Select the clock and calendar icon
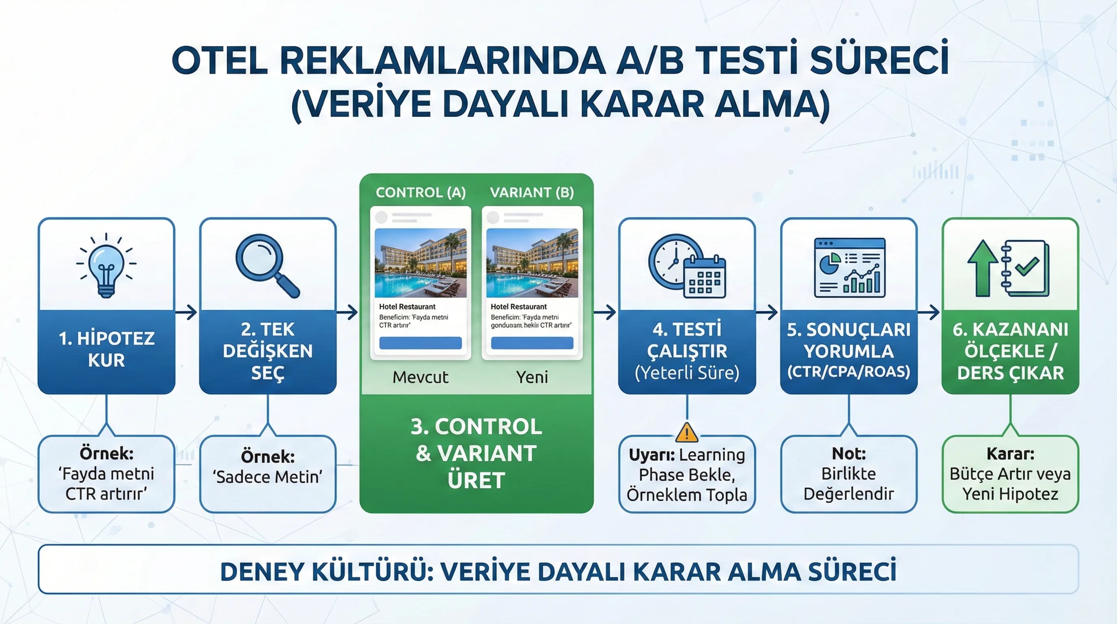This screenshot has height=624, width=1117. (687, 266)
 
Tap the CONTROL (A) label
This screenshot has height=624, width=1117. (420, 192)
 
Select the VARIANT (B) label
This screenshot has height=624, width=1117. (532, 192)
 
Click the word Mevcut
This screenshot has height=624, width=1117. (420, 377)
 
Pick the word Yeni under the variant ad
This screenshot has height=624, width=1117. (532, 377)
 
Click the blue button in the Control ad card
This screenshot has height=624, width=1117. (420, 343)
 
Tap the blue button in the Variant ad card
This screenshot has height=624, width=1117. (532, 343)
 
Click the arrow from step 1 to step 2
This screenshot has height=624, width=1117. (187, 312)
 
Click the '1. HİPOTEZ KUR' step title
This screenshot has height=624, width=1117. (107, 349)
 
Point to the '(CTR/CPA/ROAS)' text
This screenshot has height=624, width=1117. (849, 372)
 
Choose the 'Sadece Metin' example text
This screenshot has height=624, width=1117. (267, 477)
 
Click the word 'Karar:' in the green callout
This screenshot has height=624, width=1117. (1010, 454)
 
